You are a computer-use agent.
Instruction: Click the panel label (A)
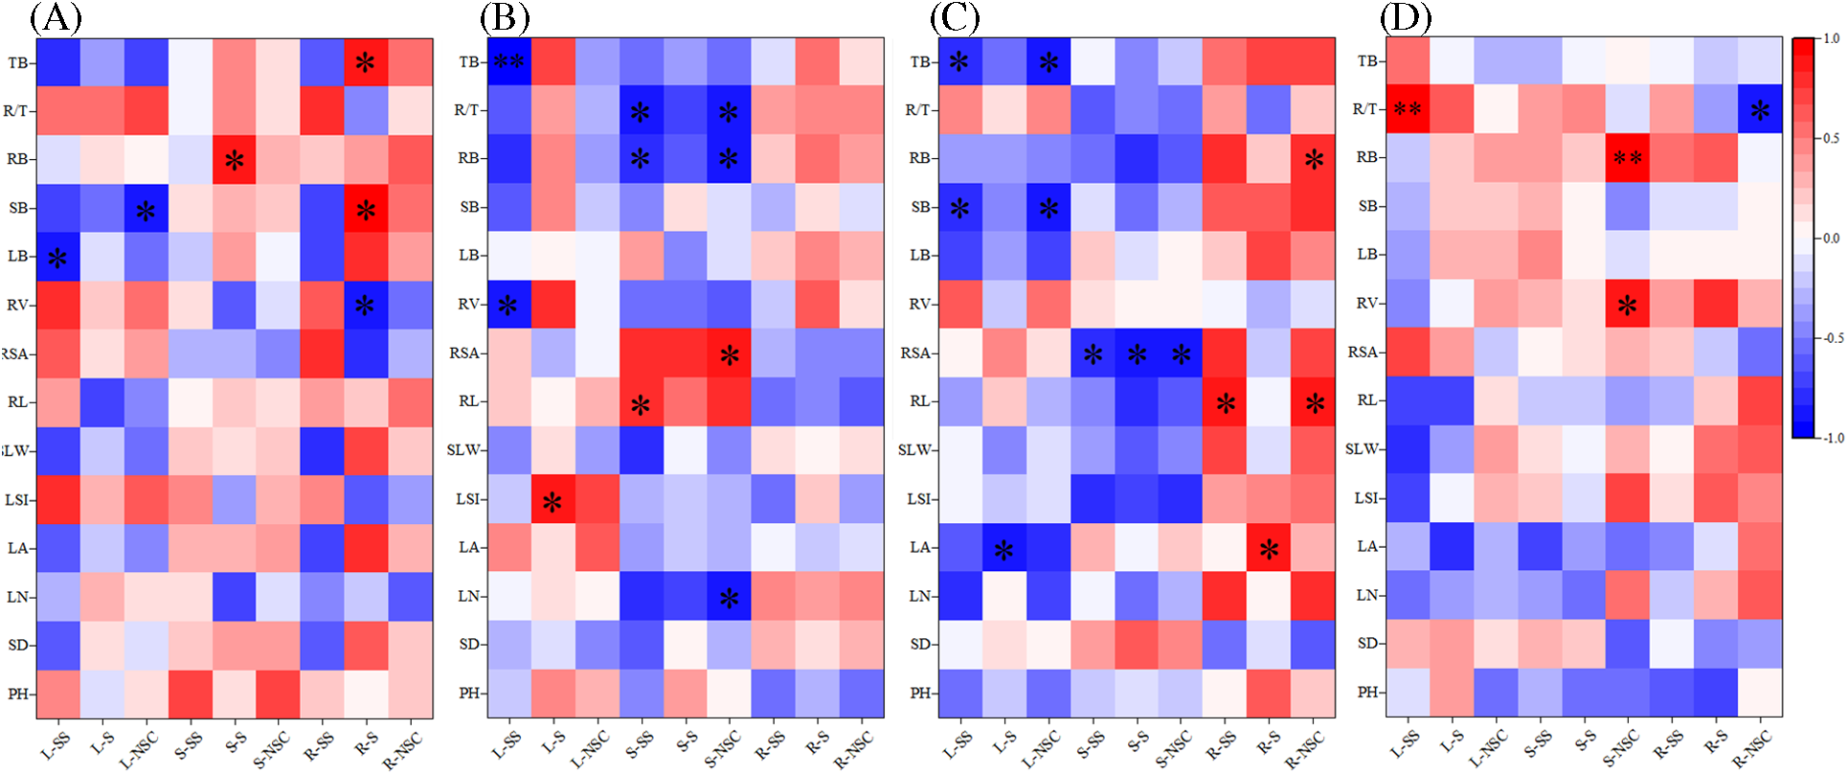point(56,18)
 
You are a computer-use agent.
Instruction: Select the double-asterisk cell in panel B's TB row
point(508,62)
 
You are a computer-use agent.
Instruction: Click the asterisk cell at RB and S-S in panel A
point(234,160)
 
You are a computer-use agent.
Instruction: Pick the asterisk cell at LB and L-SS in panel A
point(57,257)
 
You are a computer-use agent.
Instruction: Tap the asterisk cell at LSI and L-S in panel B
point(552,500)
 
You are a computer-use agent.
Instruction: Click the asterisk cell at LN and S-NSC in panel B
point(729,598)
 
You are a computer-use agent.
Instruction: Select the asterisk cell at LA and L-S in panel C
point(1003,549)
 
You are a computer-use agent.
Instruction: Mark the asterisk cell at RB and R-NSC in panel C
point(1314,159)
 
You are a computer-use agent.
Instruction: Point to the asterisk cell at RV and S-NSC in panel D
point(1627,306)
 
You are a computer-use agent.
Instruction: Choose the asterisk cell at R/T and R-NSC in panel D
point(1760,110)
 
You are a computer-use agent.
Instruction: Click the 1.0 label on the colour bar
point(1831,39)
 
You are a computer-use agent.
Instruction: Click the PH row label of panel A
point(18,694)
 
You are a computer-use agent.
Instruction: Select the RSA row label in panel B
point(465,353)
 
